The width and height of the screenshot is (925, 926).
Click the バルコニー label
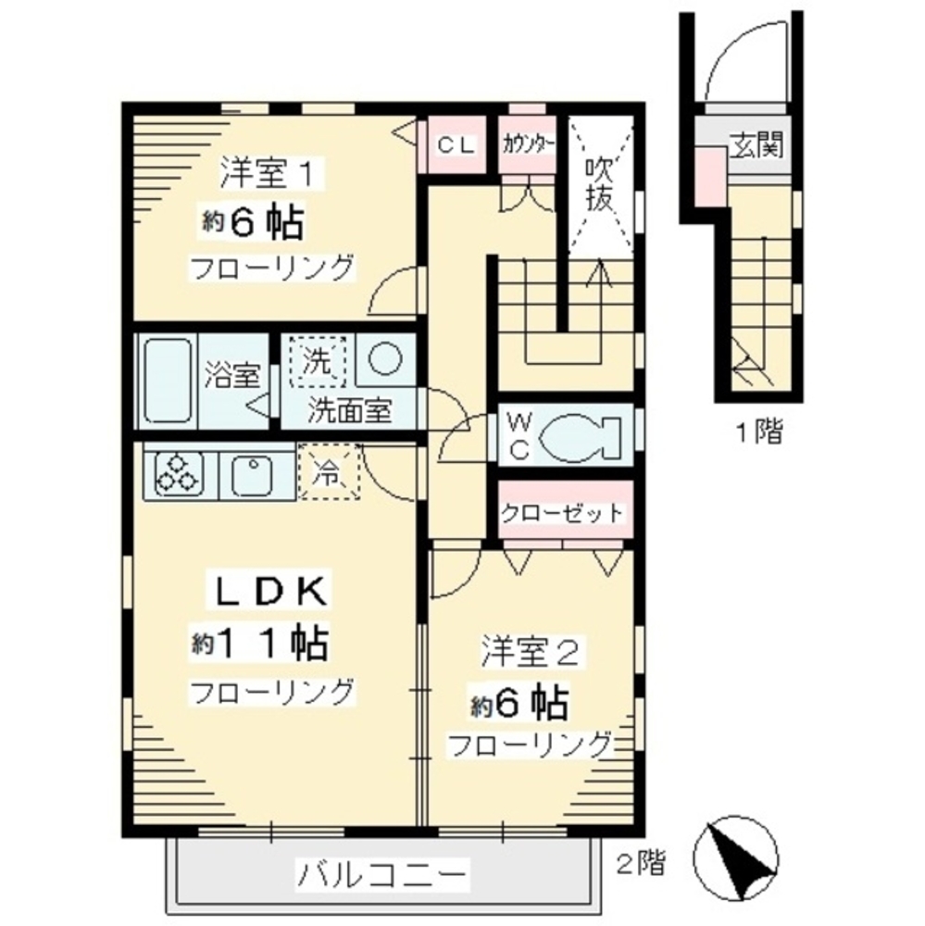point(381,872)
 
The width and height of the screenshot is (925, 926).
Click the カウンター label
point(528,144)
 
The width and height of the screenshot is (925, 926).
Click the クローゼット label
point(562,512)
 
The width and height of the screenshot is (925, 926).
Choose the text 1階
point(759,431)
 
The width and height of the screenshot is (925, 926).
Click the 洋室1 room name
point(269,173)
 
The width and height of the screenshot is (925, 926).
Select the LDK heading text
point(270,590)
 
